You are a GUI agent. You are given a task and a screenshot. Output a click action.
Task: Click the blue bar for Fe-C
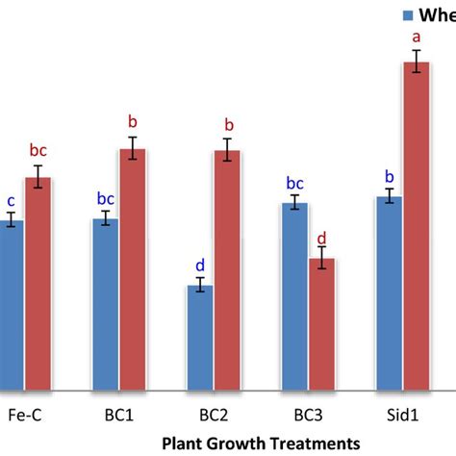coord(10,304)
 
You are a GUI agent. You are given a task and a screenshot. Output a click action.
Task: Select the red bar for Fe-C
coord(38,284)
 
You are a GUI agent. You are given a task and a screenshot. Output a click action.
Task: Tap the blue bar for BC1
coord(105,304)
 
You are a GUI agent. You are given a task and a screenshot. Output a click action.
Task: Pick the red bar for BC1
coord(133,269)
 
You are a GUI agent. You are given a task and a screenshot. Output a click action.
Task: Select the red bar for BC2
coord(227,270)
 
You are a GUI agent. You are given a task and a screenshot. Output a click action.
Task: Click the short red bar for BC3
coord(322,324)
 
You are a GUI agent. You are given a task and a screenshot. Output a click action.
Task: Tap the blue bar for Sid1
coord(389,293)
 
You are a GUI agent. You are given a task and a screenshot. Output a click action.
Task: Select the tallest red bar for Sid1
coord(417,226)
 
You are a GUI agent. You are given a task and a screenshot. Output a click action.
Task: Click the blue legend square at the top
coord(407,15)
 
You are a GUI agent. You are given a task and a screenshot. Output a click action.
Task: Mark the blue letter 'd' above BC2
coord(199,265)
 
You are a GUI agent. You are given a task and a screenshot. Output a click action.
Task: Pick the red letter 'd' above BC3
coord(322,236)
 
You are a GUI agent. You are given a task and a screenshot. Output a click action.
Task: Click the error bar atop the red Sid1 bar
coord(417,62)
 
